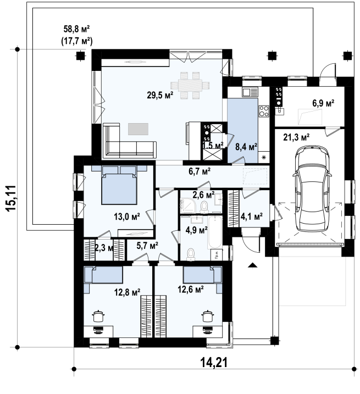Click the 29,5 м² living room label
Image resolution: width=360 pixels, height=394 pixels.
(160, 95)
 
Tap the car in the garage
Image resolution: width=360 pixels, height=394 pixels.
(312, 189)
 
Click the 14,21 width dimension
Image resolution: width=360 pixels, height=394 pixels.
(214, 363)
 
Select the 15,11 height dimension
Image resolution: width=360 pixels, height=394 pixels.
(12, 198)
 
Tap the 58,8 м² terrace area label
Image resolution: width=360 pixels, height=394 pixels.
(77, 29)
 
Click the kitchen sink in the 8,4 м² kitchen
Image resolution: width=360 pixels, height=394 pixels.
(250, 92)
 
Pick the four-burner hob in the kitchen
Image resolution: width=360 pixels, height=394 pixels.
(264, 111)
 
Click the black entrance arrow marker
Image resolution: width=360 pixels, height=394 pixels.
(252, 265)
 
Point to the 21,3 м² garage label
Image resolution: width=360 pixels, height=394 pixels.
(296, 137)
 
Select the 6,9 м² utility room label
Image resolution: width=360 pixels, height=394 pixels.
(323, 103)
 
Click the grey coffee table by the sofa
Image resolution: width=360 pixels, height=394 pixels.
(138, 129)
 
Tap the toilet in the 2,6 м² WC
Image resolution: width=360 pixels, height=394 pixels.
(204, 207)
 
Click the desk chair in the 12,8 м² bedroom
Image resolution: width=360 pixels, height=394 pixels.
(98, 330)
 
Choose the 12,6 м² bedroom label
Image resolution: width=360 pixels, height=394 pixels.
(191, 290)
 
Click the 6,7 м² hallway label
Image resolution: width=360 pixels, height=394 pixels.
(200, 171)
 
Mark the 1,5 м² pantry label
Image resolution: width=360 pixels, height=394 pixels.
(213, 145)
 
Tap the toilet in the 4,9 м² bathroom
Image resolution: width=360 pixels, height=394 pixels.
(191, 254)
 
